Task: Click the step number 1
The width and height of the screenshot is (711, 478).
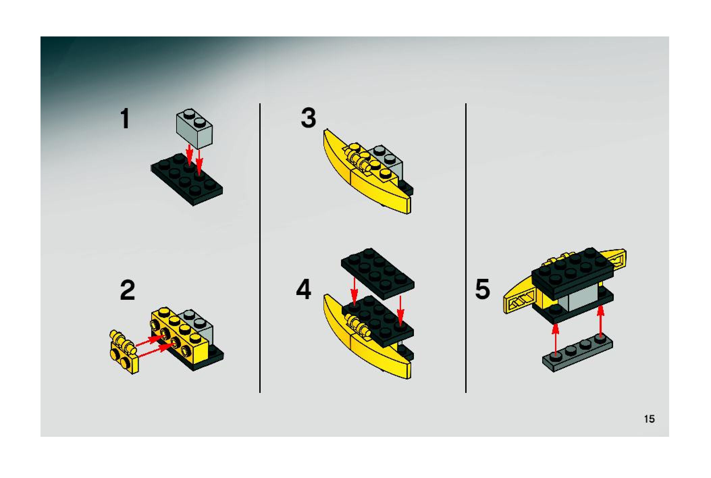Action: (x=125, y=118)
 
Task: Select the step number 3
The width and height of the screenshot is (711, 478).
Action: (x=309, y=118)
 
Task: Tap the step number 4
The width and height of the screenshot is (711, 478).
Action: (x=304, y=290)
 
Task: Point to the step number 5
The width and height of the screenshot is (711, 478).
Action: (x=482, y=289)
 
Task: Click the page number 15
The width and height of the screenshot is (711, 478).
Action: (x=649, y=419)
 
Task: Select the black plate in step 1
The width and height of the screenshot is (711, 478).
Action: (x=187, y=179)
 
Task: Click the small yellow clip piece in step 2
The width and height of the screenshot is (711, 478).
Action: (x=124, y=351)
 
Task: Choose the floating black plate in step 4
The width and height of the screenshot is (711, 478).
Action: (x=378, y=273)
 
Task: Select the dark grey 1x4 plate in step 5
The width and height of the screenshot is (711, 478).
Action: (x=578, y=354)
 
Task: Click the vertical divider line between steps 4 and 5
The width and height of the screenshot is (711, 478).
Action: (x=466, y=248)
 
